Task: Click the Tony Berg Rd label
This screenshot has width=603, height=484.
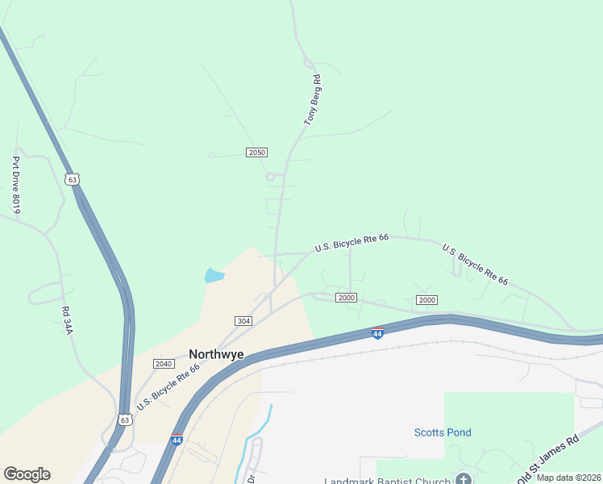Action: [313, 100]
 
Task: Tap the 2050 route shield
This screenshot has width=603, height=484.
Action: [257, 152]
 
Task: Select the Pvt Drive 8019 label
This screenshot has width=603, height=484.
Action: [15, 185]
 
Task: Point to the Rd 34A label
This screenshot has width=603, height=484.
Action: [66, 320]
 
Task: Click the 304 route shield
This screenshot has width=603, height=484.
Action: [243, 321]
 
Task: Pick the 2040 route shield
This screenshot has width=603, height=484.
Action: [164, 364]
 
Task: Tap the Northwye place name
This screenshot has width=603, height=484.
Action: [216, 353]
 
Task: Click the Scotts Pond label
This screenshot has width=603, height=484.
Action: [443, 432]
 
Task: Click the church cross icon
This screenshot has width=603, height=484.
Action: [464, 480]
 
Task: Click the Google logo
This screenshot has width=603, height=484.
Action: [27, 474]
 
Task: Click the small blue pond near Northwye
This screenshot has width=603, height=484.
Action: [214, 275]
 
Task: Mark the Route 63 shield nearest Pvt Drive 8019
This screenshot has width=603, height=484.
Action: [73, 179]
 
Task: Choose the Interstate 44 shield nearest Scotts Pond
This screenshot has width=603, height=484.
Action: [377, 333]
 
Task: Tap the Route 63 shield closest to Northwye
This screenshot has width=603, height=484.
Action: [123, 419]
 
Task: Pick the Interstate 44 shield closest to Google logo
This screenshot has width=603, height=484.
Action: [177, 440]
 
